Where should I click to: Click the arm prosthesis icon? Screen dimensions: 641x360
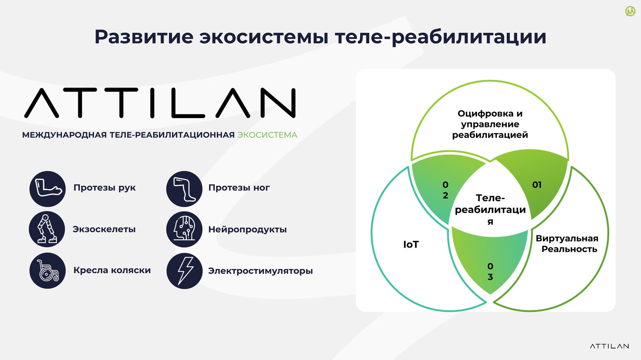click(x=47, y=189)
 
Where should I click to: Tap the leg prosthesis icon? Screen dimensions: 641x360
click(x=184, y=189)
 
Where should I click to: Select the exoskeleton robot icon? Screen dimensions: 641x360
click(x=47, y=229)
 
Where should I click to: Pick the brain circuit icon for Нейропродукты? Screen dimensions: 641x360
click(x=184, y=229)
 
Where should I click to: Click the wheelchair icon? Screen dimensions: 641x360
click(x=47, y=270)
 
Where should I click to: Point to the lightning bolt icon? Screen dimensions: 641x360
click(x=185, y=271)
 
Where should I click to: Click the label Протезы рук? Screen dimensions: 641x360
click(x=105, y=188)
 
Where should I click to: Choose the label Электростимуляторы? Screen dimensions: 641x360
click(x=260, y=271)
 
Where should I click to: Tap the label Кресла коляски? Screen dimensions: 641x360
click(x=112, y=270)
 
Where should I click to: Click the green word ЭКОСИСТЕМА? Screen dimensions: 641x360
click(x=267, y=135)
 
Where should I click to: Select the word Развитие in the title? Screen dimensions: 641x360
click(x=144, y=37)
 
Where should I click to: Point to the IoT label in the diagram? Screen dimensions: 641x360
click(x=411, y=244)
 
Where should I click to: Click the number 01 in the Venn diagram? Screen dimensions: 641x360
click(x=537, y=185)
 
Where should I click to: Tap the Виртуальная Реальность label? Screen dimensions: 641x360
click(x=567, y=244)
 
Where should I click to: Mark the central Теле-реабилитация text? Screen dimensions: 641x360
click(x=490, y=210)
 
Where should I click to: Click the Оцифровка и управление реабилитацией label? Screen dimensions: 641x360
click(x=490, y=124)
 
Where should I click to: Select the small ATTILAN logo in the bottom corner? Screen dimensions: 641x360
click(x=609, y=346)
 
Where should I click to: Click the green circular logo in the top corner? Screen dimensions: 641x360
click(x=630, y=11)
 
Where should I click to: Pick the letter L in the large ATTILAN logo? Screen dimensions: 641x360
click(x=188, y=103)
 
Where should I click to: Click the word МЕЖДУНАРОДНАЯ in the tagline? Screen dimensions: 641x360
click(x=64, y=135)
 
